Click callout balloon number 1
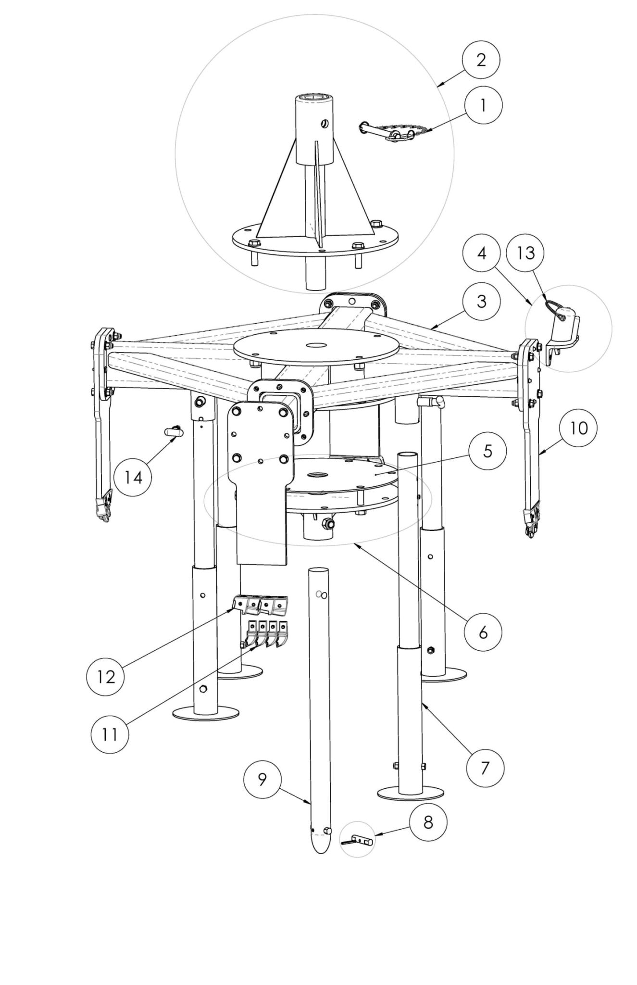(483, 105)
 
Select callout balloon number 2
(481, 60)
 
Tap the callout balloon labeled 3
(481, 302)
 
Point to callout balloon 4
(482, 253)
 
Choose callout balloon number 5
(487, 451)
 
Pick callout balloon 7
(485, 768)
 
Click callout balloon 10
(579, 428)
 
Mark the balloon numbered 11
(110, 734)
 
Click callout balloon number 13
(526, 253)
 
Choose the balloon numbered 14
(134, 478)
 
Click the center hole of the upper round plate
(315, 344)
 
